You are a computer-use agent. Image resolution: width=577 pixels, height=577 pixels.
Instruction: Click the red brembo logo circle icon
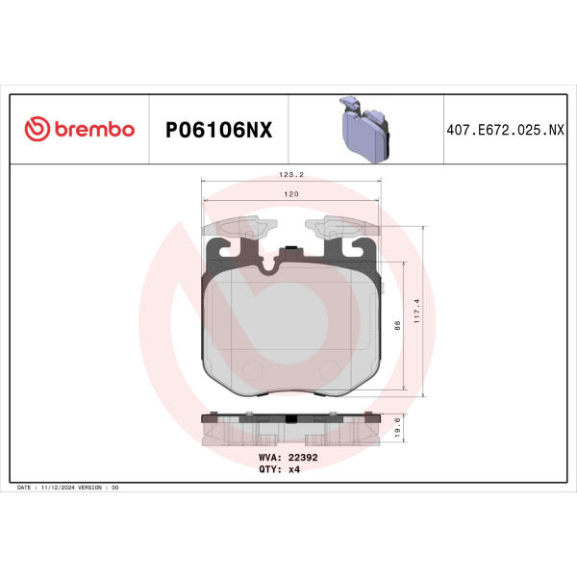point(38,129)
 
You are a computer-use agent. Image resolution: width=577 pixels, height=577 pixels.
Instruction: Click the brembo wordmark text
point(94,129)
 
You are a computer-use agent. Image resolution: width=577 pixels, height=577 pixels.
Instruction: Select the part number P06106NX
point(218,130)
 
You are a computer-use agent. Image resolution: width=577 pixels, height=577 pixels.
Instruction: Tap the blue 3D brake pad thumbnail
point(364,129)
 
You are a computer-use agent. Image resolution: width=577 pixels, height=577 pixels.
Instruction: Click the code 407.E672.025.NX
point(505,130)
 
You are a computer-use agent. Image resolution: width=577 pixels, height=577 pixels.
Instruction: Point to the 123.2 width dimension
point(291,174)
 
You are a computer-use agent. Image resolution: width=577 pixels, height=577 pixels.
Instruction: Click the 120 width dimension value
point(291,194)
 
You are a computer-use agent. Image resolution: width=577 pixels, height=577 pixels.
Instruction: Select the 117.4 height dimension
point(416,311)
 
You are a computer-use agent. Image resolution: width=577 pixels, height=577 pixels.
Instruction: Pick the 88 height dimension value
point(397,325)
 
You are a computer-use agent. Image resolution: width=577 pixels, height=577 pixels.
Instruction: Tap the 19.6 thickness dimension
point(397,427)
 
